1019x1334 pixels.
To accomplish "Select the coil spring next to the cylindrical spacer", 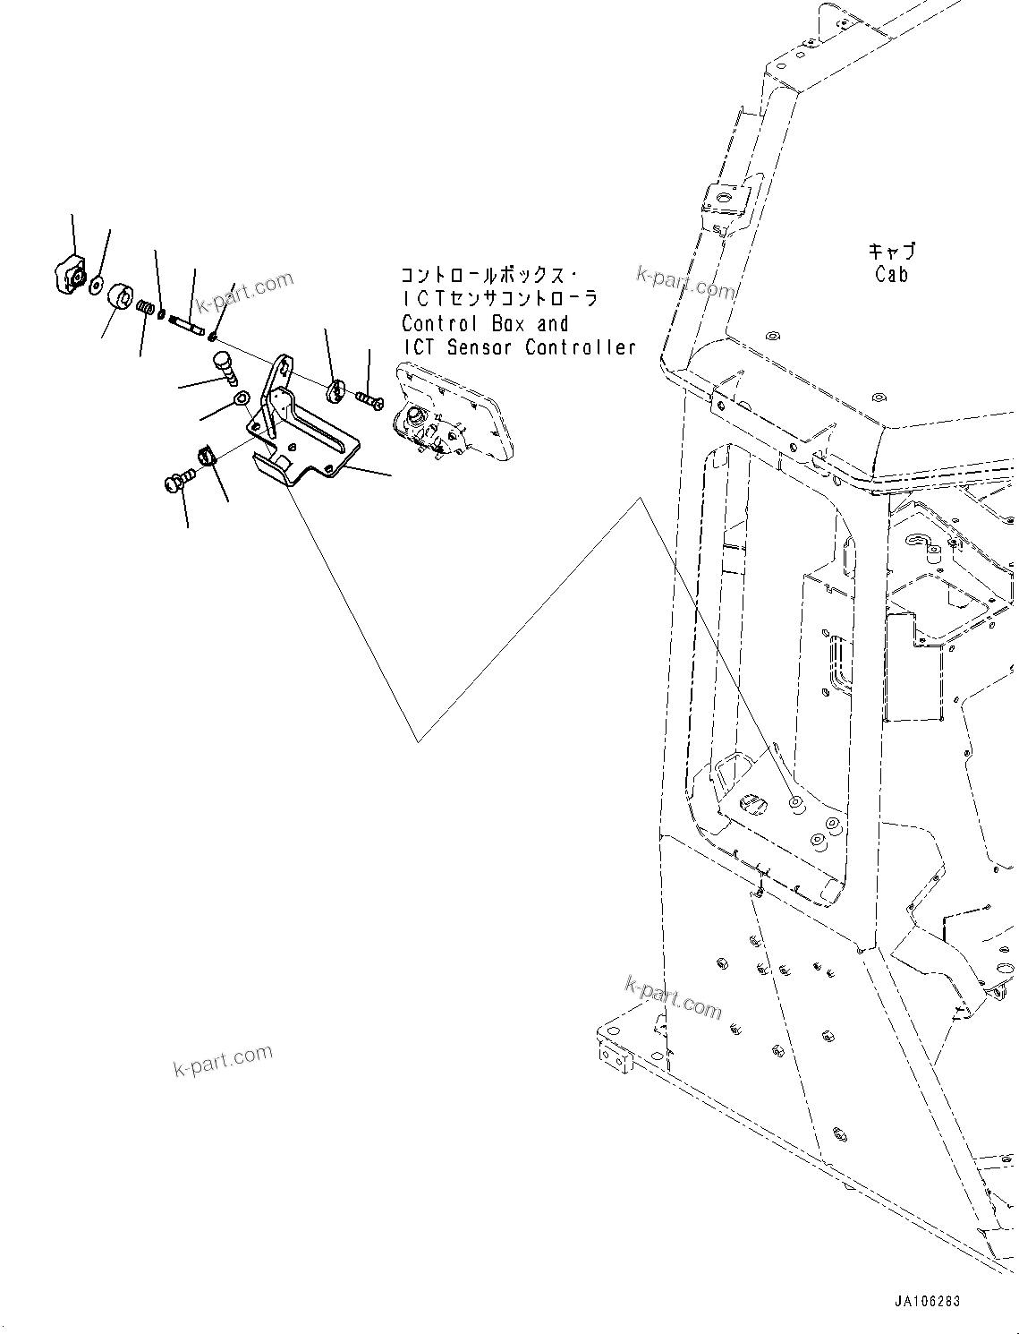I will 146,308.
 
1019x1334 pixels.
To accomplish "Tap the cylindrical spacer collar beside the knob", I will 120,296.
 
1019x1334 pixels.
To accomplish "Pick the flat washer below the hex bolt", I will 240,398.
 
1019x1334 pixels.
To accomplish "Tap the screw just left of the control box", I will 369,397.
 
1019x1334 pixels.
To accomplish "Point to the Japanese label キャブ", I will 891,252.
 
